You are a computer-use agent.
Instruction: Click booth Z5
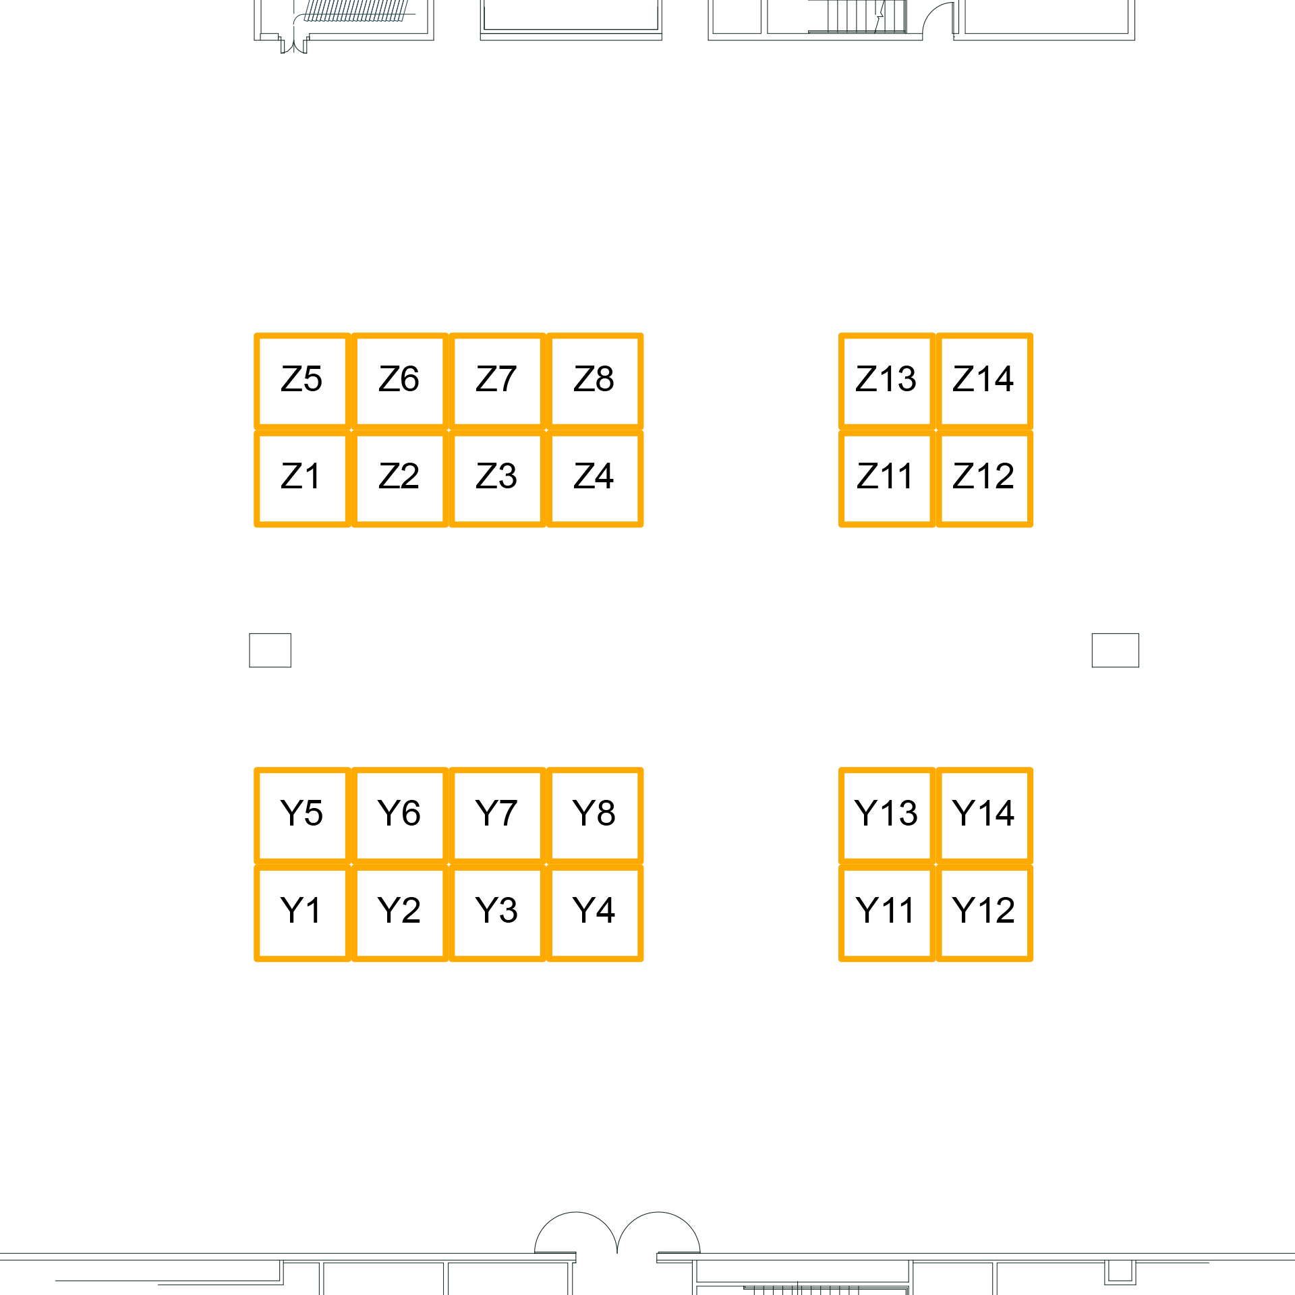coord(302,381)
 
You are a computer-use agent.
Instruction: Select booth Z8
coord(594,381)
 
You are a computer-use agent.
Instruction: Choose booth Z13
coord(886,381)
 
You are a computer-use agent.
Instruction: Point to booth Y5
coord(302,815)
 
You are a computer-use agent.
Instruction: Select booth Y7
coord(497,815)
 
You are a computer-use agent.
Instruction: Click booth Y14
coord(984,815)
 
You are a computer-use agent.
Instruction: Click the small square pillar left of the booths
coord(270,650)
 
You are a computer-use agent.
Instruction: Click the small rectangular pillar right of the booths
coord(1115,650)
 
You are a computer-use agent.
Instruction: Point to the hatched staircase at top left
coord(355,11)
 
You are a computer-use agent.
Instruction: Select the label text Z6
coord(399,379)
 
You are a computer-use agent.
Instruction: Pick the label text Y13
coord(886,813)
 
